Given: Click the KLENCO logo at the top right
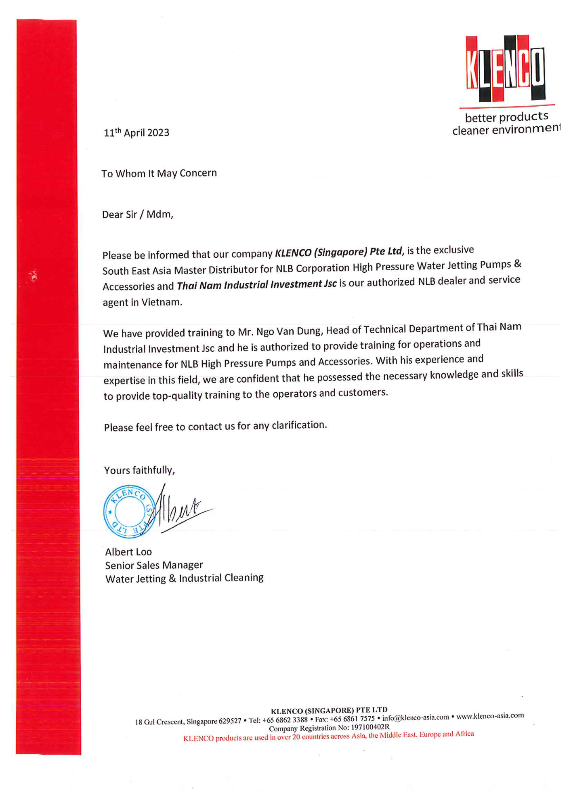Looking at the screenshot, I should [x=506, y=69].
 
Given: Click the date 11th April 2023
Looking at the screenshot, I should [x=136, y=133].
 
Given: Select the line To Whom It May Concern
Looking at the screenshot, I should [x=159, y=173].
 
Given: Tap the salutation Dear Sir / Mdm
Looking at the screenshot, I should [x=137, y=214].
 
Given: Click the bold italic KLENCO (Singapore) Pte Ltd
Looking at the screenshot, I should [x=338, y=252].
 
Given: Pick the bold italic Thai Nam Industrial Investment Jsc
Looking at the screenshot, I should [x=256, y=284].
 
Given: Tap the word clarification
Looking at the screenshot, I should [x=299, y=425].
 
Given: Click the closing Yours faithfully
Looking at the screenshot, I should [x=139, y=470].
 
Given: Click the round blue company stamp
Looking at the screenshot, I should [x=129, y=511].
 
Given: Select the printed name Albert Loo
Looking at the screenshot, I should [x=128, y=552].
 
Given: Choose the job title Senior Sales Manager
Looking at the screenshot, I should [x=154, y=565].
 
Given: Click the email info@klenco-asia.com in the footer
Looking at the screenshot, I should [x=416, y=718].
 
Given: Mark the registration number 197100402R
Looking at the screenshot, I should [x=370, y=727].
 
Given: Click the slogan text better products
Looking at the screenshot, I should [x=506, y=117].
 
